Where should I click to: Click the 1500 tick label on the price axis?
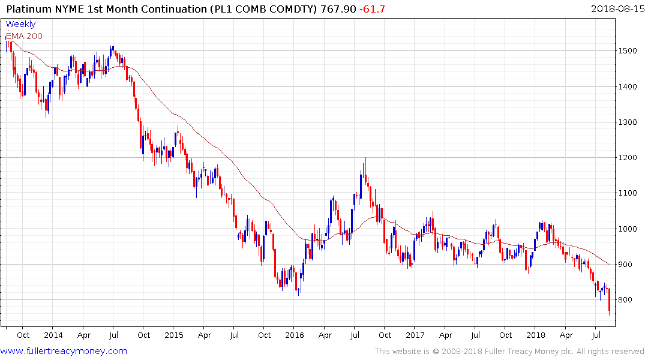click(x=629, y=51)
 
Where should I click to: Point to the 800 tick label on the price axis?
click(x=627, y=300)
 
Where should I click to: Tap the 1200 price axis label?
click(x=629, y=158)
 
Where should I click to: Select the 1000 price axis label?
click(x=629, y=229)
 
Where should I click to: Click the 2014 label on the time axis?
click(x=53, y=335)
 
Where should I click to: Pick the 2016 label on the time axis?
click(x=294, y=335)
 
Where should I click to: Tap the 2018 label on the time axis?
click(x=535, y=335)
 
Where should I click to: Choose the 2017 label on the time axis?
click(x=415, y=335)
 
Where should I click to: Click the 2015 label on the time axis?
click(x=173, y=335)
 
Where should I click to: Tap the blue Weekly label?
click(x=20, y=25)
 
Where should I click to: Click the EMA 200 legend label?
click(x=24, y=36)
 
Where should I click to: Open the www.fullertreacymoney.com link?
click(x=64, y=351)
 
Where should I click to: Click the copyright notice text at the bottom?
click(x=509, y=352)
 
